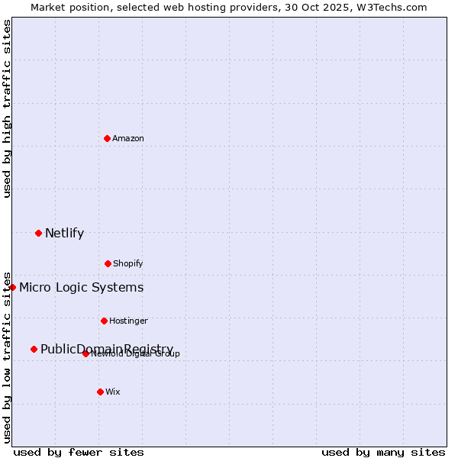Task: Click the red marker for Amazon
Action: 107,138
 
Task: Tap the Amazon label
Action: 128,138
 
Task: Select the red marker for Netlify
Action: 38,233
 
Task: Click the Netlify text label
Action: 64,233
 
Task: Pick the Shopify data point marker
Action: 108,263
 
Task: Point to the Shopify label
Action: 128,263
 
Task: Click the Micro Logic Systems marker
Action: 12,287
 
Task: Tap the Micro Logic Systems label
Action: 81,287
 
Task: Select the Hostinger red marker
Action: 104,321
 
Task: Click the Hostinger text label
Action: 128,321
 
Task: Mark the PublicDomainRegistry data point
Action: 34,349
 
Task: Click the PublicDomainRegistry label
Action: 106,348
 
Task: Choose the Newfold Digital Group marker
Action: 85,353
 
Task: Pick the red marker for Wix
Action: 100,392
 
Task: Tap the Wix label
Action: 113,392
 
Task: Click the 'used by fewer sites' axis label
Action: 79,452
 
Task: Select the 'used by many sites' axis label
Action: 383,452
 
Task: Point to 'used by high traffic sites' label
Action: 7,108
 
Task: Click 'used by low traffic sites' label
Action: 7,356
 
